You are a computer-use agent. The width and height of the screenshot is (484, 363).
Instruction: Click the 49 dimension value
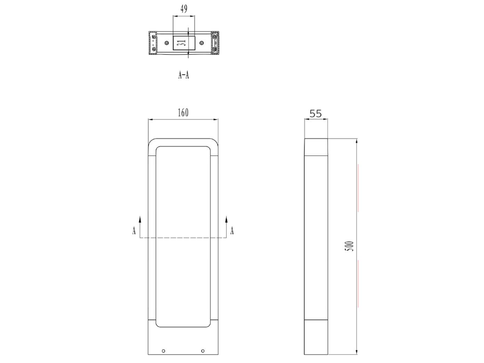(x=184, y=9)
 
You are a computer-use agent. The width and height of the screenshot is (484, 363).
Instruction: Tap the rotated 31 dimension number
(x=183, y=42)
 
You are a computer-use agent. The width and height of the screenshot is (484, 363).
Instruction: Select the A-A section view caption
(x=184, y=75)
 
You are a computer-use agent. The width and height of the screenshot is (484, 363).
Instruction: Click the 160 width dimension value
(x=183, y=113)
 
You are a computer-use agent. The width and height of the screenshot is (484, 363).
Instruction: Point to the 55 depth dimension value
(x=316, y=114)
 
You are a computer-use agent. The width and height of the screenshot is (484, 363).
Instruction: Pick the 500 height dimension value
(x=350, y=246)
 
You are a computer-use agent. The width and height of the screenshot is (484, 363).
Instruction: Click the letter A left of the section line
(x=134, y=231)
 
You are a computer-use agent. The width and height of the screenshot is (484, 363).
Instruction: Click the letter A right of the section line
(x=232, y=231)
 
